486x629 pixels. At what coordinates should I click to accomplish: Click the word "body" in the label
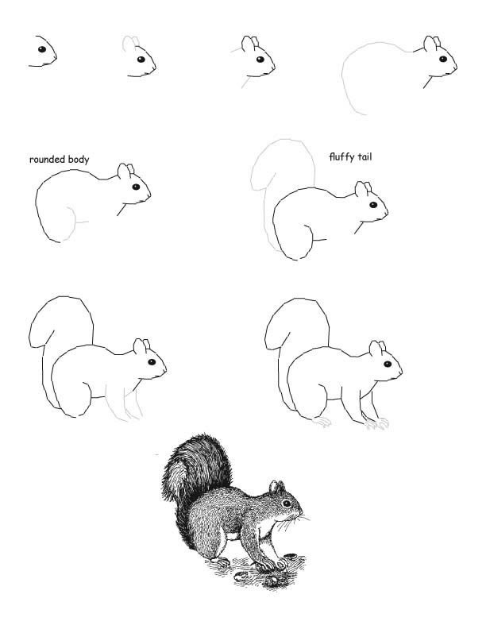pos(79,160)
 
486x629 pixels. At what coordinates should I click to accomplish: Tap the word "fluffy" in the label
pos(341,156)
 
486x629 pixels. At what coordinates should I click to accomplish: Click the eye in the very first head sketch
pos(42,49)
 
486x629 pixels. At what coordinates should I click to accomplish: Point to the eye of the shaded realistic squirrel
pos(287,503)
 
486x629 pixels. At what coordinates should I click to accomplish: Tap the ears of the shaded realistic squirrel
pos(276,487)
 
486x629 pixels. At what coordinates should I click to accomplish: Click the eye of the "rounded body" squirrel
pos(136,187)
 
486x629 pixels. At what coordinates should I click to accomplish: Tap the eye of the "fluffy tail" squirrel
pos(373,205)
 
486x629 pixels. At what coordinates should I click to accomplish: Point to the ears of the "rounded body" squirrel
pos(126,170)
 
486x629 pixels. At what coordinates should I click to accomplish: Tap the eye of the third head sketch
pos(260,60)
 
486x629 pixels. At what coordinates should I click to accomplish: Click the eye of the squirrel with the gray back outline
pos(443,59)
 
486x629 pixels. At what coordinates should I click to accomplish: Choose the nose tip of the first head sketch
pos(56,57)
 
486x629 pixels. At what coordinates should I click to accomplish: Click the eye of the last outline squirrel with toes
pos(388,365)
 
